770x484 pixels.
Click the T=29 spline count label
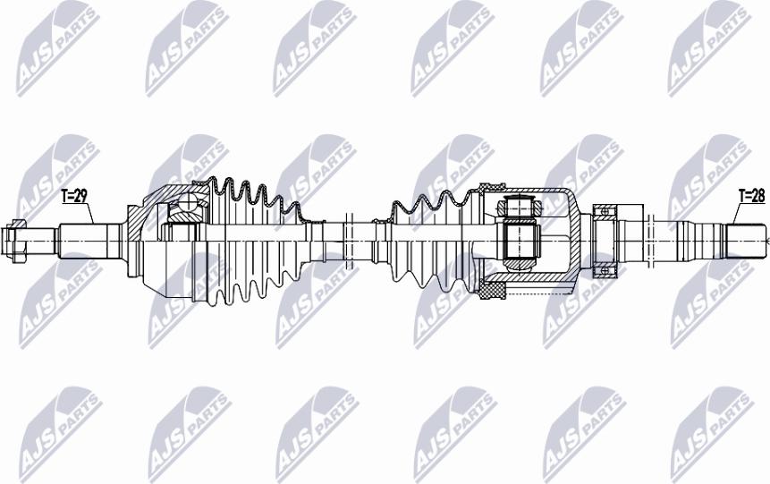pyautogui.click(x=74, y=196)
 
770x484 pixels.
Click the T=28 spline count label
pyautogui.click(x=752, y=196)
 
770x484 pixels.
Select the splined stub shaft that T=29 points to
pyautogui.click(x=91, y=242)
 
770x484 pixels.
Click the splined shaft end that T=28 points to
pyautogui.click(x=747, y=242)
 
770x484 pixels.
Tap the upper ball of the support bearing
pyautogui.click(x=604, y=211)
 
